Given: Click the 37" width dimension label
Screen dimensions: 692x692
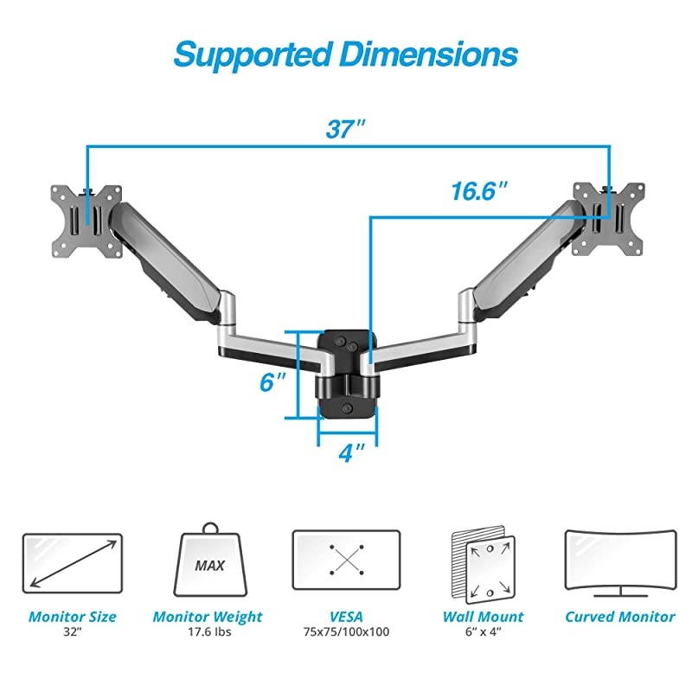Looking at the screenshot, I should [347, 130].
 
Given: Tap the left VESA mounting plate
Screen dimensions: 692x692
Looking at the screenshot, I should [85, 221].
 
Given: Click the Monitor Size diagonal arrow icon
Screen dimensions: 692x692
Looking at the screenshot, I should [72, 562].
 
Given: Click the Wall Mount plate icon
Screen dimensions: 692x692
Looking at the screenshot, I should [484, 567].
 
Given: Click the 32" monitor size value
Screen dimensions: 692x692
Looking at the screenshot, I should [72, 632].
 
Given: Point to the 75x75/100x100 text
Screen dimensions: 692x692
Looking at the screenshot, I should [346, 632].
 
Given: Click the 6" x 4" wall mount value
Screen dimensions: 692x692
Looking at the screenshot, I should [484, 632].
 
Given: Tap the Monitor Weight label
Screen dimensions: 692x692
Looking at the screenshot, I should [208, 617].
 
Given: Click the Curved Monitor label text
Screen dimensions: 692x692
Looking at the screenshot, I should [619, 617].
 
